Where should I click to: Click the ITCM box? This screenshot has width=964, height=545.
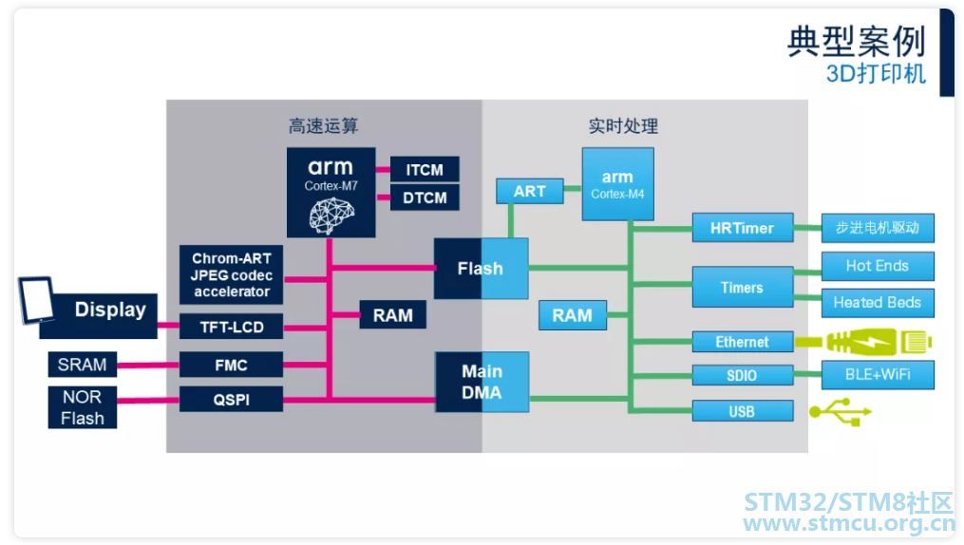click(425, 169)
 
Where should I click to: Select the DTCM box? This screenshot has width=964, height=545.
click(425, 197)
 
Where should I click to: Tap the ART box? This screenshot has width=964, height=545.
click(529, 191)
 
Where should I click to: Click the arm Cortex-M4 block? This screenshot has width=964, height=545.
click(618, 183)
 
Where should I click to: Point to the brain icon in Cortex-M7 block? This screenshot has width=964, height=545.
click(332, 216)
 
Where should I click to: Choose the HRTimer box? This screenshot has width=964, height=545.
click(742, 228)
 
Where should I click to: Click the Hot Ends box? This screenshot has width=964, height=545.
click(878, 266)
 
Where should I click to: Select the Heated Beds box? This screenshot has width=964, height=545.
click(878, 302)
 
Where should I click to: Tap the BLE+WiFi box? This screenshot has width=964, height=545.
click(878, 375)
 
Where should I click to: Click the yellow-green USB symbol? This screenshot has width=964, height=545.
click(841, 411)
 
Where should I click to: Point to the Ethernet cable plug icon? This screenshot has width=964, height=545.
click(863, 342)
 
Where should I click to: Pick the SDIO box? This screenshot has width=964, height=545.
click(742, 375)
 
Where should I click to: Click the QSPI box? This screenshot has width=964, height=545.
click(231, 400)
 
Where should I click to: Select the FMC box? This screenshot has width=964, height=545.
click(231, 365)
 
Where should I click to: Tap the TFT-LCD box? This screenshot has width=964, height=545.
click(231, 327)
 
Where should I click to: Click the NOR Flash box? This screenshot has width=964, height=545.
click(83, 407)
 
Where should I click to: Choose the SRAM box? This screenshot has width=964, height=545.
click(83, 365)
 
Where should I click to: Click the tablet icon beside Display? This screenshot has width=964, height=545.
click(37, 300)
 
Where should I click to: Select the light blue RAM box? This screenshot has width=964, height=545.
click(573, 315)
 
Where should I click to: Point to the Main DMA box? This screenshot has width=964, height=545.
click(482, 382)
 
